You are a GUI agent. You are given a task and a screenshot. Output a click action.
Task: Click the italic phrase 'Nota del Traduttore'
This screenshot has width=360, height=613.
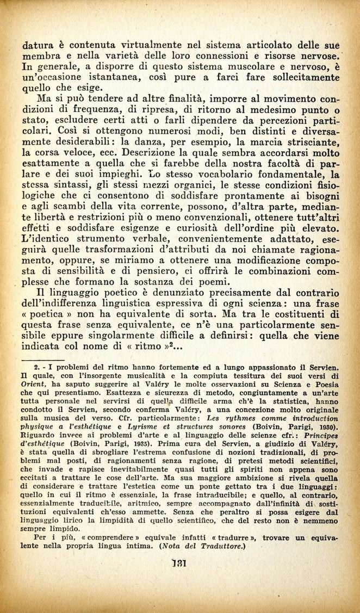tap(195, 550)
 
